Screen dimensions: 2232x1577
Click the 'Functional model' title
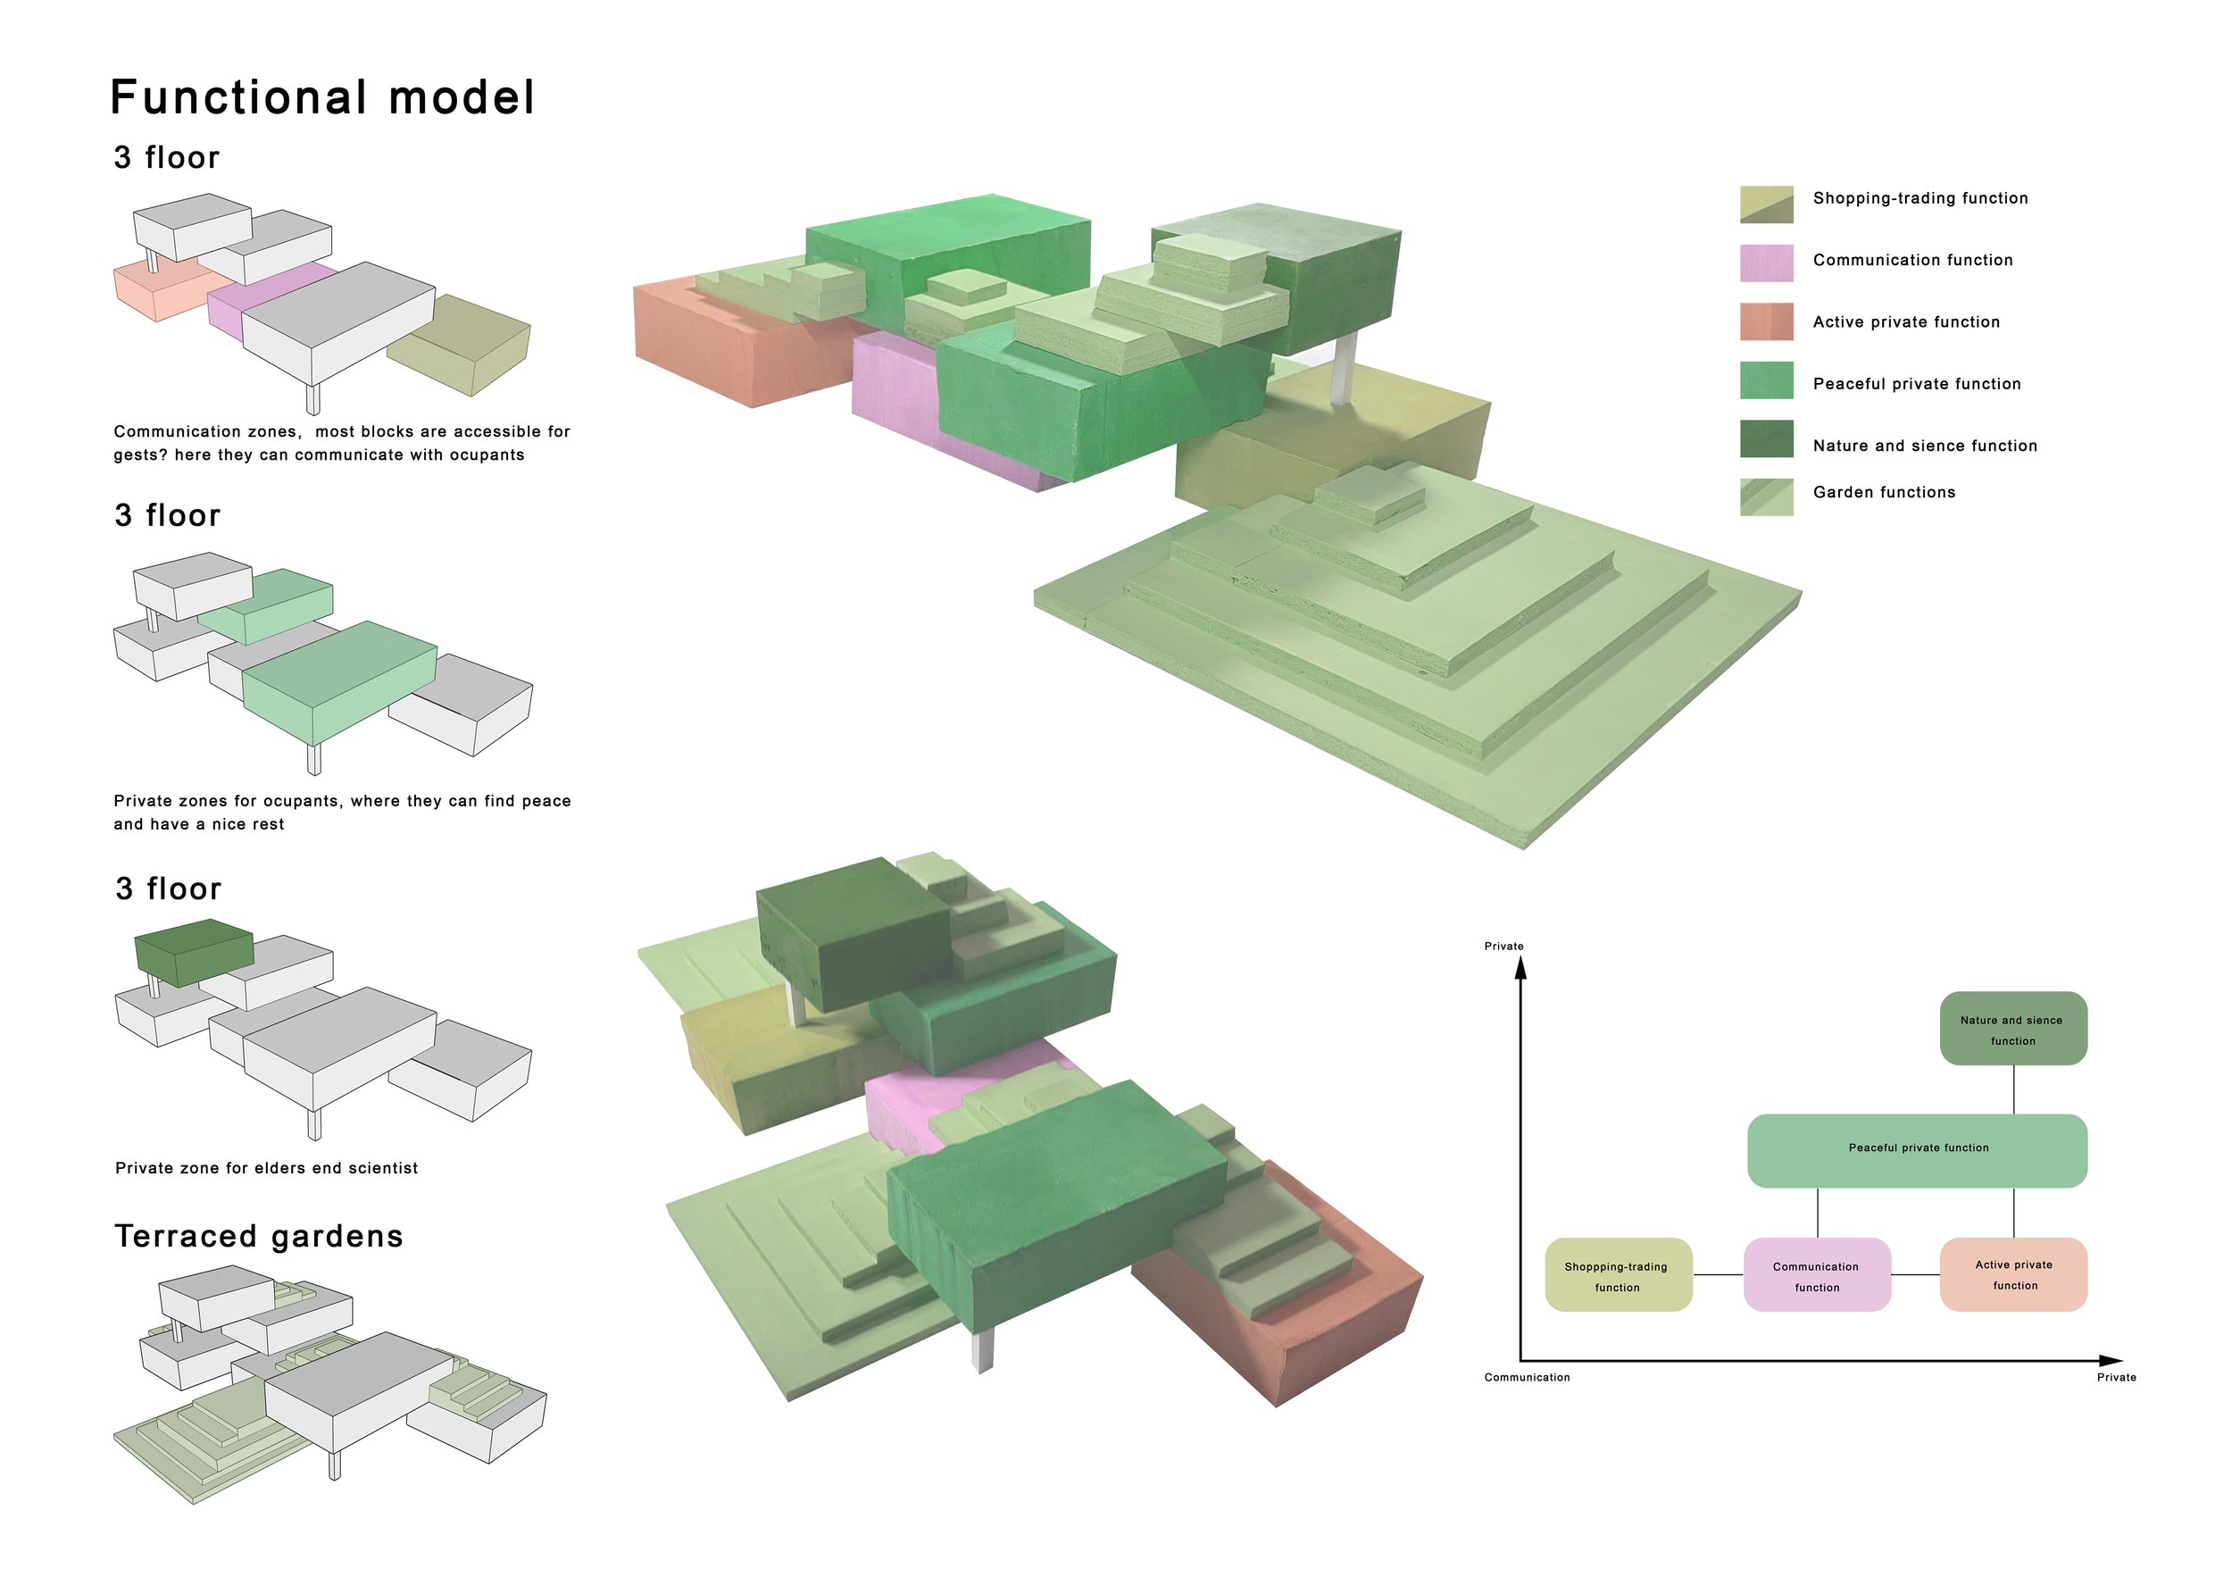click(321, 97)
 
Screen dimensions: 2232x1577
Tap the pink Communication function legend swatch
click(1765, 263)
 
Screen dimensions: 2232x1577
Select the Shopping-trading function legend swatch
click(1765, 204)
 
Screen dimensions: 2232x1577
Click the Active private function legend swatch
click(1765, 321)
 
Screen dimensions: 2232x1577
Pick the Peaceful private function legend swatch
click(1765, 380)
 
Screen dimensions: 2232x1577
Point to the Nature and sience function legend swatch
click(1765, 438)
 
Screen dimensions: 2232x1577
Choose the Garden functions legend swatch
click(1765, 496)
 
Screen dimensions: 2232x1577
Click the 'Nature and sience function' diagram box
click(2012, 1029)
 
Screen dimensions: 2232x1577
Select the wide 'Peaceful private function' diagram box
click(1917, 1151)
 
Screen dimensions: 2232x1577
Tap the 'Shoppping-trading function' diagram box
click(1618, 1274)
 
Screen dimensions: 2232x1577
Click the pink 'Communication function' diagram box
click(1816, 1274)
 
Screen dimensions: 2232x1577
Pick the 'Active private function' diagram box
click(2012, 1274)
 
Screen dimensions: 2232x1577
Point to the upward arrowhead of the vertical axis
click(1520, 968)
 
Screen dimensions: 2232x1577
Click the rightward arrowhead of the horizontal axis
click(2111, 1360)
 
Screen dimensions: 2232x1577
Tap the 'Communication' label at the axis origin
click(1526, 1378)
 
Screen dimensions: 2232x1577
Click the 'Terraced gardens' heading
click(259, 1236)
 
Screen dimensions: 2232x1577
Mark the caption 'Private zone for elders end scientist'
click(266, 1168)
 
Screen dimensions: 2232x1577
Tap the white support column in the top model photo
click(1341, 368)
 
